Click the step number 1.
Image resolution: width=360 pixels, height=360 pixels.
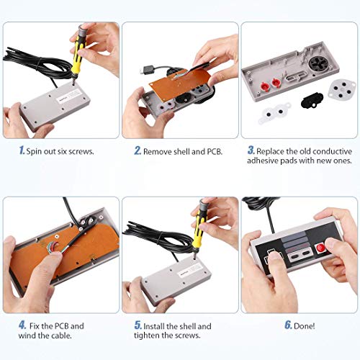pos(21,151)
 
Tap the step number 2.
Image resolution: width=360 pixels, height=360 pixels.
pos(137,151)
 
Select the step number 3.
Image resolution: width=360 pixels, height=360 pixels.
pos(251,151)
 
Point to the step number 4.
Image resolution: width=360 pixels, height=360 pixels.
pos(21,325)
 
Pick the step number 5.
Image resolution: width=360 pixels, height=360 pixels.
pos(137,325)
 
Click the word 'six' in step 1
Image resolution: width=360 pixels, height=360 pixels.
pos(68,152)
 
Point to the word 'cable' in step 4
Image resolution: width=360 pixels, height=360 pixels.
pos(77,337)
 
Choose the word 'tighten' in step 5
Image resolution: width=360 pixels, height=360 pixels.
pos(156,337)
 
